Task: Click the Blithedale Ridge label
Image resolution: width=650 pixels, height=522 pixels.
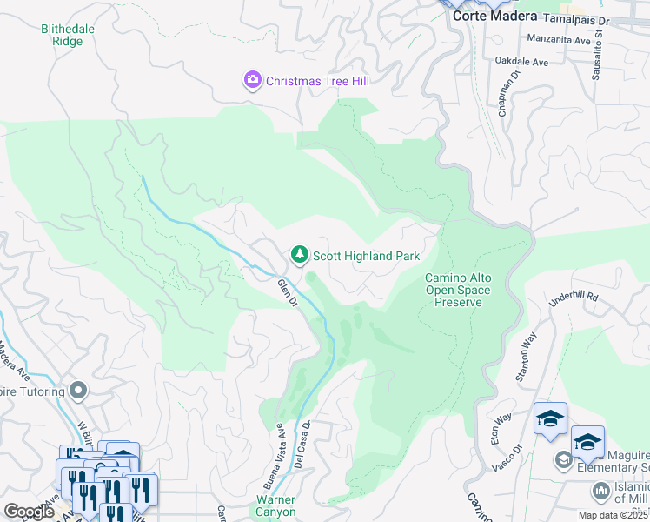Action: coord(68,35)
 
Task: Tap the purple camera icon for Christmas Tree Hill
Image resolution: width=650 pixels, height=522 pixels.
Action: coord(252,80)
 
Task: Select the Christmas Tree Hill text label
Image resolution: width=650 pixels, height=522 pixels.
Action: coord(317,81)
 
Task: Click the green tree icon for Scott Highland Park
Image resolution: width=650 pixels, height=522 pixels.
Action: coord(298,255)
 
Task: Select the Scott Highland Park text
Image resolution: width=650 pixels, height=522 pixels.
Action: coord(366,256)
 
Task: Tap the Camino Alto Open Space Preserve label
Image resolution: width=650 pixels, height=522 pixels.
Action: coord(457,290)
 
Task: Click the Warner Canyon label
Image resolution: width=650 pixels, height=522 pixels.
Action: coord(275,505)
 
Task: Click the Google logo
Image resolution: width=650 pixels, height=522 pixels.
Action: coord(29,511)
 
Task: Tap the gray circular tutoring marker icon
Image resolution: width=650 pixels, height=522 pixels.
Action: coord(79,391)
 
